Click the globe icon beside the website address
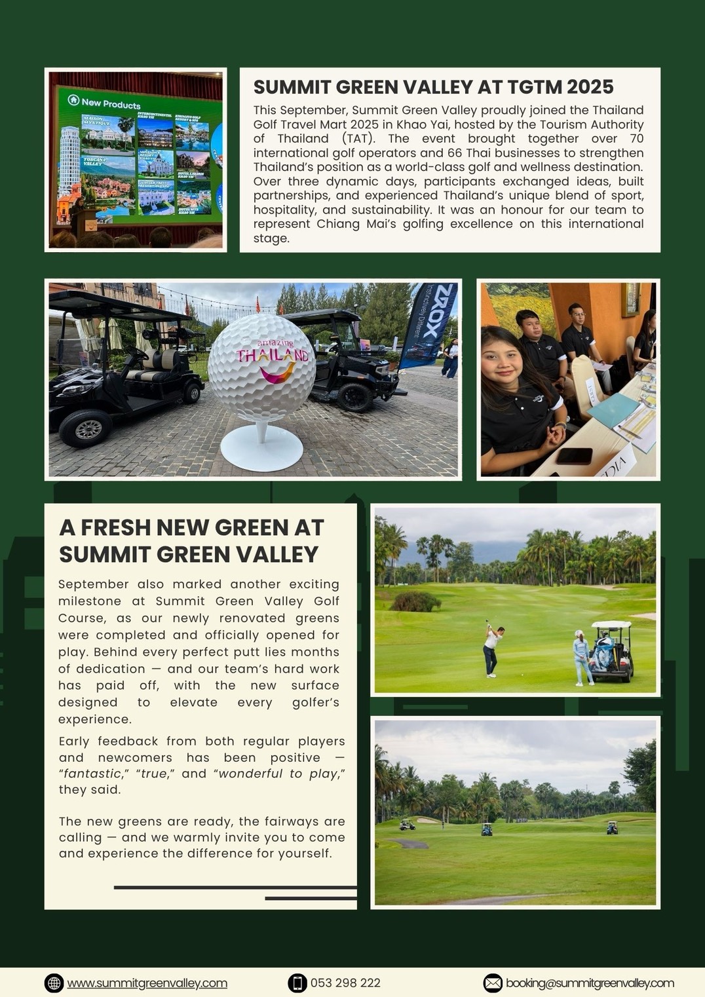click(54, 983)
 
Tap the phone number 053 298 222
click(345, 983)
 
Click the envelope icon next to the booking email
click(493, 983)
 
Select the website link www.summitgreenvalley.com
click(147, 983)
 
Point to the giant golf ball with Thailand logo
click(262, 367)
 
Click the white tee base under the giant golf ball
click(262, 449)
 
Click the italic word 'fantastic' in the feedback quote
click(92, 774)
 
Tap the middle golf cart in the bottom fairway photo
click(487, 829)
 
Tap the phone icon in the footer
click(297, 983)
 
